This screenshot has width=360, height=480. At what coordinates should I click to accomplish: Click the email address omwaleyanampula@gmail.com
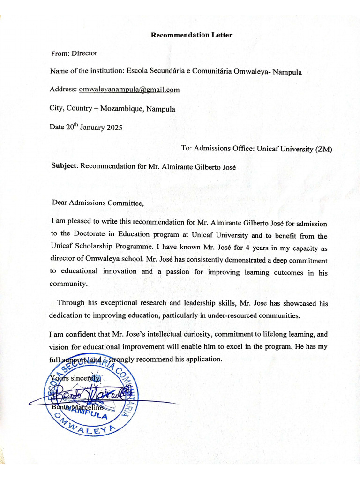tap(129, 90)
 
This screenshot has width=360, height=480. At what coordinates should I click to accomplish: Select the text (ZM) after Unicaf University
tap(323, 149)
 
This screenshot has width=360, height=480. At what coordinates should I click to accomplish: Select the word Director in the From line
tap(84, 53)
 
